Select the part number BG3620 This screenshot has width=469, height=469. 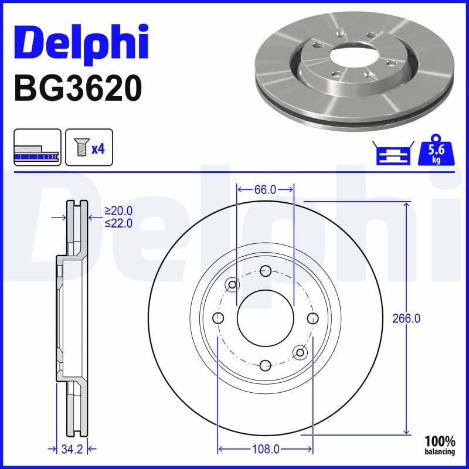[x=77, y=88]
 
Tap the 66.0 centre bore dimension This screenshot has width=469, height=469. [x=265, y=189]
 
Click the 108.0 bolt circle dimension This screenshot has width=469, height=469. [x=265, y=450]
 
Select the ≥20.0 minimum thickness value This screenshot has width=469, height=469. [x=119, y=211]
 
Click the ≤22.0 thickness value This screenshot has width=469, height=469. [x=119, y=223]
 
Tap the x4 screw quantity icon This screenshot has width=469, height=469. [x=89, y=148]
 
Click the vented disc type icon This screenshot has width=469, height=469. [x=37, y=148]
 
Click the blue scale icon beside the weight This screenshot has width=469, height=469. [x=392, y=154]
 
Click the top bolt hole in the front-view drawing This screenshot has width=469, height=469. [x=265, y=271]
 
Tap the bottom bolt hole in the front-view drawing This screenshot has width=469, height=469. [x=265, y=365]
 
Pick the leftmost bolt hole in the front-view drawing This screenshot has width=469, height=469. [x=218, y=318]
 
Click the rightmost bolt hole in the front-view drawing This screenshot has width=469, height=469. [x=312, y=318]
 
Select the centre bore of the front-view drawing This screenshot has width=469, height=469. [x=265, y=318]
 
